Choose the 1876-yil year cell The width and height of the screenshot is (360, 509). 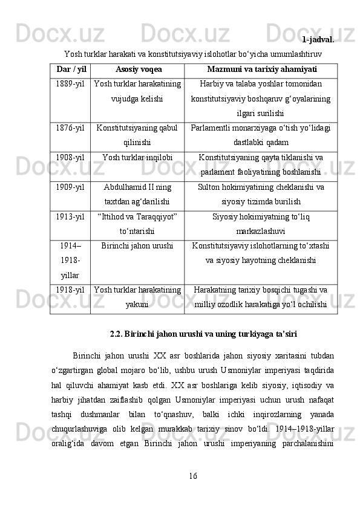[70, 128]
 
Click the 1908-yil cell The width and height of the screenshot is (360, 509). [70, 158]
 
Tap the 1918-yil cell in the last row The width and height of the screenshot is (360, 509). [70, 290]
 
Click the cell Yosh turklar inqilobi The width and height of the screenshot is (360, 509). [137, 158]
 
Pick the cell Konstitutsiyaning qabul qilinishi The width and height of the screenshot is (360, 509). [137, 135]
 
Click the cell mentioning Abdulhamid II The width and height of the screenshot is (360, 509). [137, 194]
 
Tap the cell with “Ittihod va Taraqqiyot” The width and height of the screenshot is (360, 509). [137, 224]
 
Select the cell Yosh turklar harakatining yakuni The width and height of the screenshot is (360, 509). [137, 297]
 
